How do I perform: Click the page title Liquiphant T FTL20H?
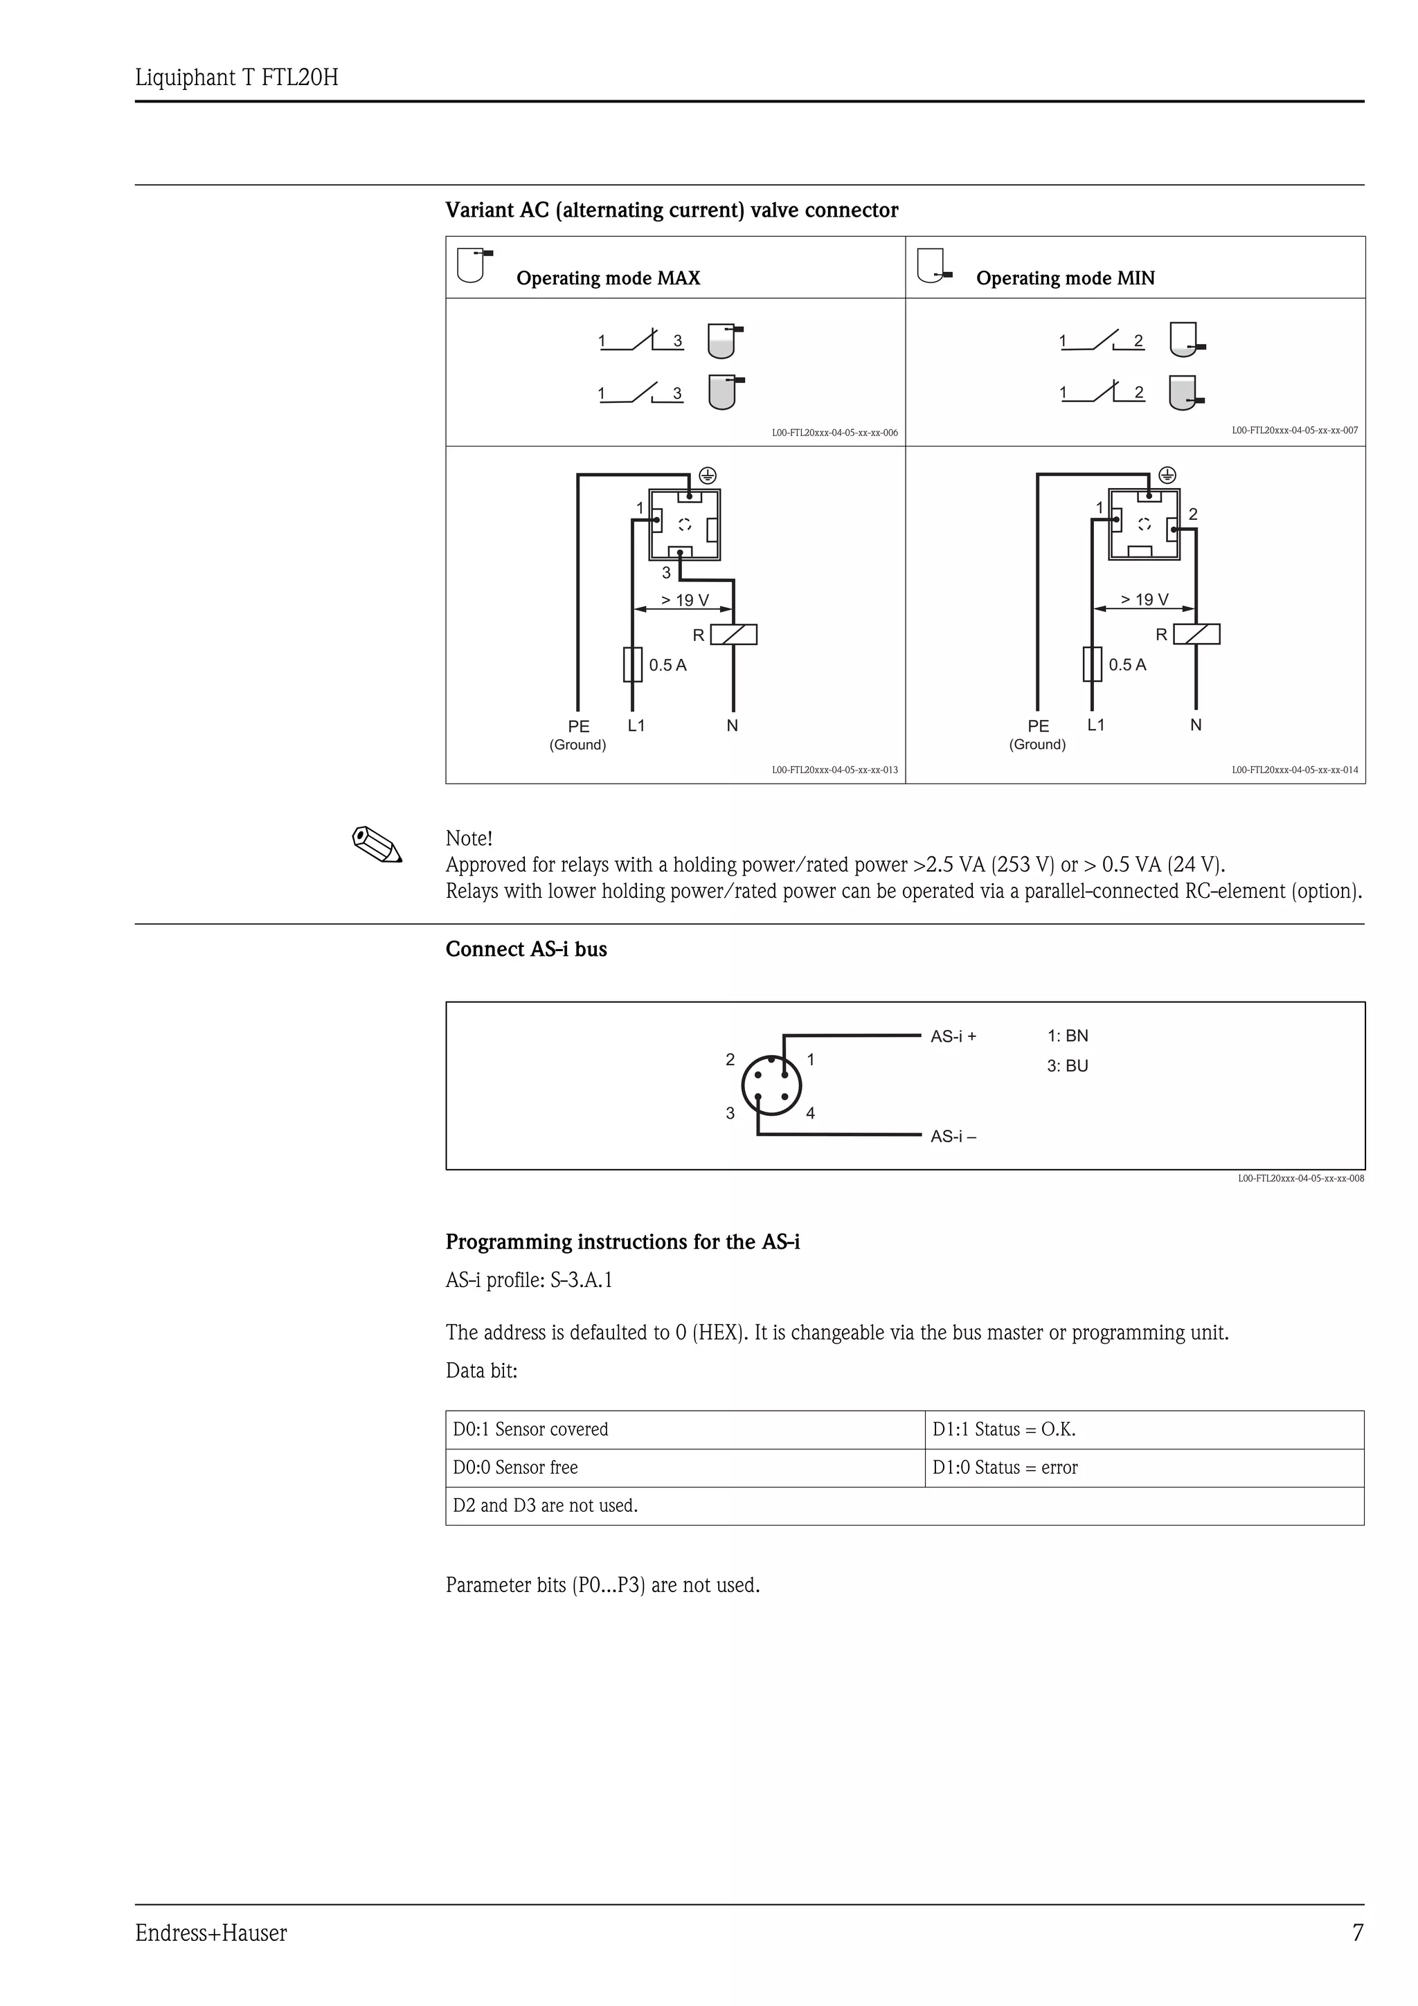pos(236,78)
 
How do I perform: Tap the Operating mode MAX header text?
pos(607,278)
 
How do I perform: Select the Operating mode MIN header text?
pos(1064,278)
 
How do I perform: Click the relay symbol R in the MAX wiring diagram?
pos(733,634)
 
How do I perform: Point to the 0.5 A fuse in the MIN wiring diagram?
pos(1091,664)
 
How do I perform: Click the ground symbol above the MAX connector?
pos(708,476)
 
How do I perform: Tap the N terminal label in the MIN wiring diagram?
pos(1195,724)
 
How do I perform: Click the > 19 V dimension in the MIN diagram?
pos(1144,599)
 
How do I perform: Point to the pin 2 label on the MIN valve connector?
pos(1192,514)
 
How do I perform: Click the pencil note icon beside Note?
pos(377,845)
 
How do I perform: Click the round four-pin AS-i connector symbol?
pos(771,1086)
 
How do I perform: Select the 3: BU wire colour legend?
pos(1067,1066)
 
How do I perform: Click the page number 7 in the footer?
pos(1357,1933)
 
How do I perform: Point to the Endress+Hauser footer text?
pos(210,1933)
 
